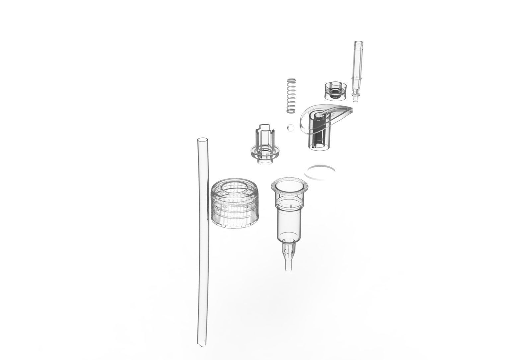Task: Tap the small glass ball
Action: tap(290, 128)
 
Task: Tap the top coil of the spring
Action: tap(291, 80)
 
